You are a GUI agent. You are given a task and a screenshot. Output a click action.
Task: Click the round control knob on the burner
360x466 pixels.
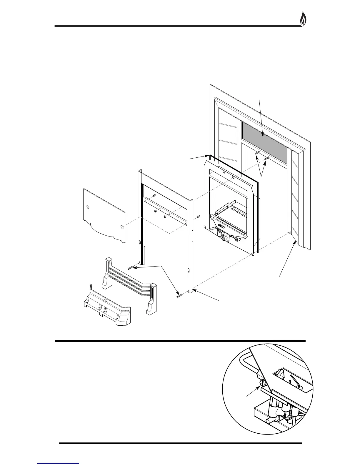(x=225, y=238)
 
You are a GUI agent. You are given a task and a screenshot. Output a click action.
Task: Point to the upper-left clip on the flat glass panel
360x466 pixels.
(x=87, y=207)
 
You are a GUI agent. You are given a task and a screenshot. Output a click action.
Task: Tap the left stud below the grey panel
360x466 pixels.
(x=257, y=153)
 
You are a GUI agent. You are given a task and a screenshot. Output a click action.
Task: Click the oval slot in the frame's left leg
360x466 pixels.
(x=140, y=243)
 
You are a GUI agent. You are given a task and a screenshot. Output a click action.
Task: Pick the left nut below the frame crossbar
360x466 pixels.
(x=156, y=211)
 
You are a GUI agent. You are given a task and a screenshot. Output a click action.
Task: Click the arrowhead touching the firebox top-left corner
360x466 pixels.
(x=207, y=155)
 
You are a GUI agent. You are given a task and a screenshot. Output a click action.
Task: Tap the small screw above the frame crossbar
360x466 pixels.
(x=154, y=195)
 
